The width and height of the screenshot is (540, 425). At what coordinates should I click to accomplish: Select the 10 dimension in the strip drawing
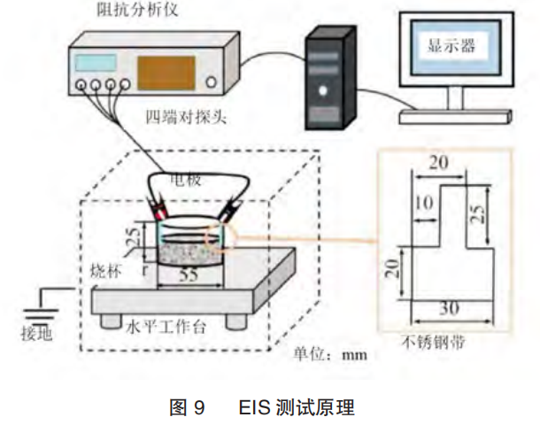click(x=425, y=204)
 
